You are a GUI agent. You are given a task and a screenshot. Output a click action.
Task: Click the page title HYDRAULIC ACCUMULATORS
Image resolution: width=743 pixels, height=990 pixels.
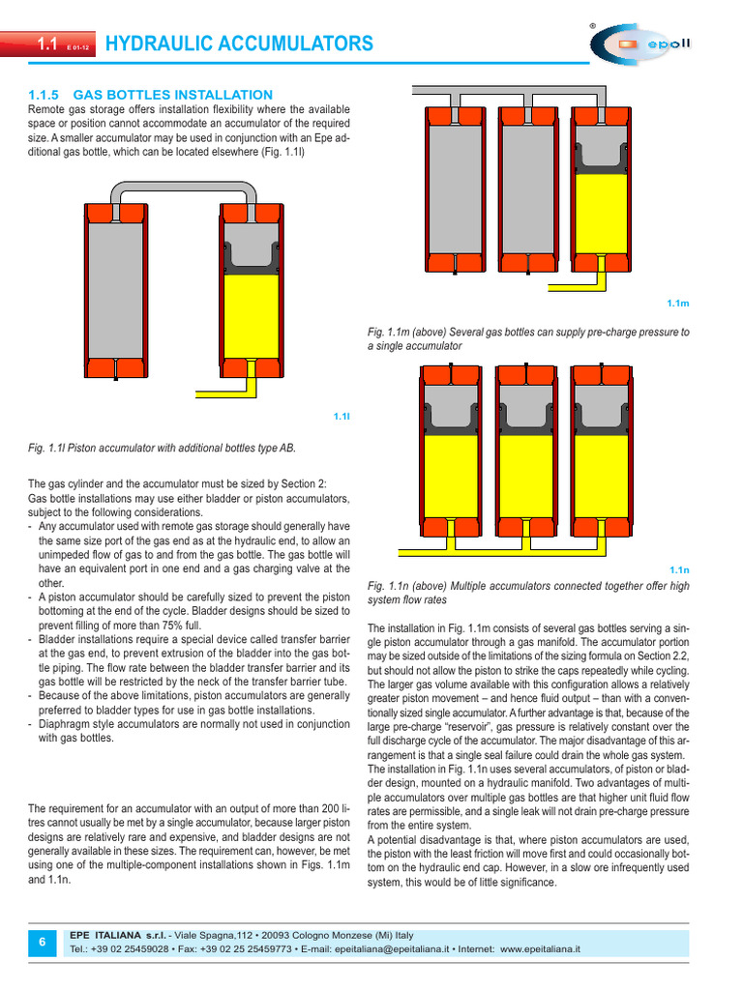[x=238, y=44]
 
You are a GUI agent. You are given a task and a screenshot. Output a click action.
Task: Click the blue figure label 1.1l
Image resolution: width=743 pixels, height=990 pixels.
[x=341, y=416]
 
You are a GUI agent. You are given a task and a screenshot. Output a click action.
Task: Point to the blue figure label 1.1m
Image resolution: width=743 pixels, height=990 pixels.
[x=677, y=304]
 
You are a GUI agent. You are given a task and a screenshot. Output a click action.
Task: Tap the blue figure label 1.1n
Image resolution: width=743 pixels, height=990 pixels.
[x=678, y=570]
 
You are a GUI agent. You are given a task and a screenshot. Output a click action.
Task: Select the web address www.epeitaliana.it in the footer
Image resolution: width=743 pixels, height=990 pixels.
[x=540, y=950]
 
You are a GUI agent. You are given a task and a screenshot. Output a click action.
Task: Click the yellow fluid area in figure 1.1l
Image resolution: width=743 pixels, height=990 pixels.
[x=251, y=315]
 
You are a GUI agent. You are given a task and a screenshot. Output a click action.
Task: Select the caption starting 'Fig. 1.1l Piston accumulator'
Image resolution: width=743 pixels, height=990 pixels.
[x=162, y=448]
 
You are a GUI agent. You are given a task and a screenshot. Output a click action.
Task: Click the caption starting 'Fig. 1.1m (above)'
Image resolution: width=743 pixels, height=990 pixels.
[x=528, y=338]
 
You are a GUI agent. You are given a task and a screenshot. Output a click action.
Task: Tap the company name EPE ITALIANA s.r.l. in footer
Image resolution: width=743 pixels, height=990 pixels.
[x=115, y=935]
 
